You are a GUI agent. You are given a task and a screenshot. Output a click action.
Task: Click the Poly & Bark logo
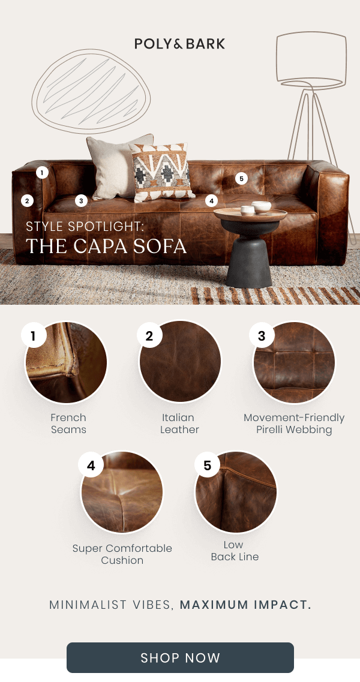click(x=179, y=43)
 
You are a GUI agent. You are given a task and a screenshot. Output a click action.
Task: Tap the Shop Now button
click(x=180, y=657)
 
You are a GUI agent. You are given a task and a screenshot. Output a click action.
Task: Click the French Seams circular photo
click(x=66, y=362)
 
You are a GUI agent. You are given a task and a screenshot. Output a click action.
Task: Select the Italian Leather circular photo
click(x=180, y=362)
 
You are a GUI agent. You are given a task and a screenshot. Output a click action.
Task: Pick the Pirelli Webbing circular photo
click(x=294, y=362)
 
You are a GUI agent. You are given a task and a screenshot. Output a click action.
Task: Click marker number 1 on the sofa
click(x=41, y=173)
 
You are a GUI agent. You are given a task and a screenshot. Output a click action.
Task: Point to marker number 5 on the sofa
click(x=241, y=178)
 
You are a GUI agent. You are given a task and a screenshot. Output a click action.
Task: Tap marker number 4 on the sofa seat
click(x=211, y=201)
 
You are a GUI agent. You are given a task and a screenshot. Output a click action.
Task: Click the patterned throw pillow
click(x=158, y=172)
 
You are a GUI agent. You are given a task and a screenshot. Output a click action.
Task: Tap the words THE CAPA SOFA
click(x=106, y=247)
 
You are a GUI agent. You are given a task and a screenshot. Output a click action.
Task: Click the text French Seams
click(x=68, y=423)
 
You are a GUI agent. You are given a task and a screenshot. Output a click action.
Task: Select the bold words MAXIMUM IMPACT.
click(x=245, y=604)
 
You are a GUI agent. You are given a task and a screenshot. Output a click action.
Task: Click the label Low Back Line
click(x=235, y=551)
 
